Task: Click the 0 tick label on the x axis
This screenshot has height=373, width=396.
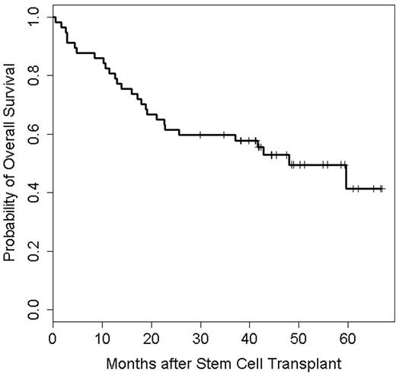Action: point(53,336)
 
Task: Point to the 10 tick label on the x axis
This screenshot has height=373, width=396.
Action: point(102,336)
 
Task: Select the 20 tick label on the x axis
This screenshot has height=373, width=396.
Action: point(151,336)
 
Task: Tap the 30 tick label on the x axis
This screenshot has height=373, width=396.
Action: point(200,336)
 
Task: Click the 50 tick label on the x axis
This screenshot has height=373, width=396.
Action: point(299,336)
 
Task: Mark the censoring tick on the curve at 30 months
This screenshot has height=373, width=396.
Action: point(200,135)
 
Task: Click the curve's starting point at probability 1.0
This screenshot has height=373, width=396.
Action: point(53,18)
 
